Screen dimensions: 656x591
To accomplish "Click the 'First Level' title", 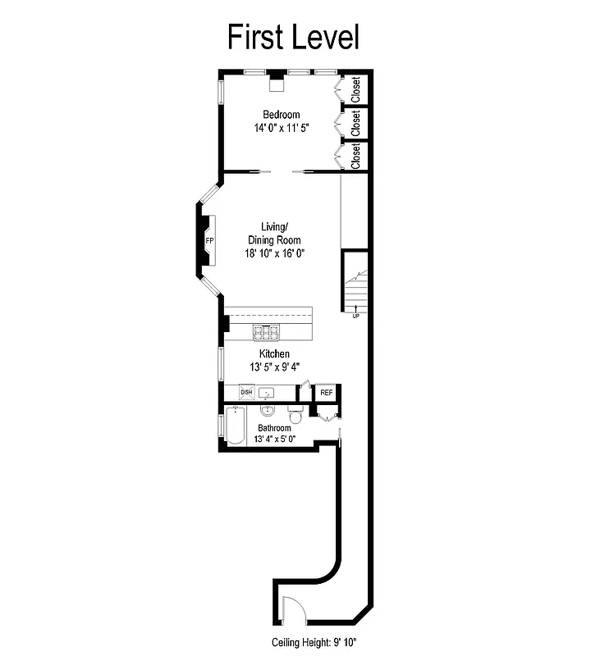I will click(x=293, y=37).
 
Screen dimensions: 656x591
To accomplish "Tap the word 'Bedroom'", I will click(x=281, y=115).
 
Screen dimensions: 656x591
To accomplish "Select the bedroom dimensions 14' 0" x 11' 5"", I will click(x=281, y=128).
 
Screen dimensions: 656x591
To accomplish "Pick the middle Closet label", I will click(x=355, y=123).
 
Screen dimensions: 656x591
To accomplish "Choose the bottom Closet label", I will click(x=355, y=156).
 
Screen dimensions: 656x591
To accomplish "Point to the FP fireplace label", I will click(x=209, y=240).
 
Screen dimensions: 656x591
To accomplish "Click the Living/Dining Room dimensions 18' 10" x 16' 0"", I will click(x=274, y=253).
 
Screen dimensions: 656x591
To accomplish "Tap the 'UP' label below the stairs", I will click(x=356, y=316).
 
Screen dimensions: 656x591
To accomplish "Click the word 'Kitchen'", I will click(x=274, y=353).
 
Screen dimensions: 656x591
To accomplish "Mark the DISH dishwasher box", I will click(x=246, y=393).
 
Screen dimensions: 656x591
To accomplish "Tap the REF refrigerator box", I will click(x=327, y=393).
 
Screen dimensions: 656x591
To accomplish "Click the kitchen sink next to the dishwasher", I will click(x=268, y=393).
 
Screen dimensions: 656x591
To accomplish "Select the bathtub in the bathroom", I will click(x=235, y=426).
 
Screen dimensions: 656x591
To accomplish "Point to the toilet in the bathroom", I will click(x=298, y=417).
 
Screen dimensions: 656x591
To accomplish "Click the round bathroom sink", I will click(x=268, y=412).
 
